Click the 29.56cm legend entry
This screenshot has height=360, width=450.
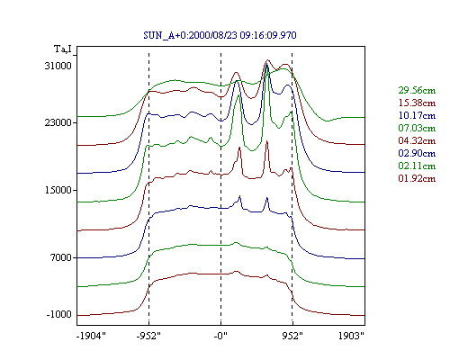pos(417,90)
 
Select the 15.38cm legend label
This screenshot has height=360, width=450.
pos(417,103)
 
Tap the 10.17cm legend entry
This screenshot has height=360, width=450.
pos(417,115)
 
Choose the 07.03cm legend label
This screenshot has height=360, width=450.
pos(417,128)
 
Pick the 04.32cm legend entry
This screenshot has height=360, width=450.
pos(417,140)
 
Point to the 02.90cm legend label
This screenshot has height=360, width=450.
pos(417,153)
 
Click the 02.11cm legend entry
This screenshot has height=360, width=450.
pos(417,166)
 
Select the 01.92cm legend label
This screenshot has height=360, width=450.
pos(417,178)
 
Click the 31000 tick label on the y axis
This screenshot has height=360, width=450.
pos(58,66)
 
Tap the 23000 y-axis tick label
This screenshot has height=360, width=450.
pos(58,122)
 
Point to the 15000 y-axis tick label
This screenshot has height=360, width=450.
pos(58,190)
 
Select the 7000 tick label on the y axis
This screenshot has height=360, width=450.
pos(61,257)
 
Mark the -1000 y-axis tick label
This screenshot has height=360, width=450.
pos(58,314)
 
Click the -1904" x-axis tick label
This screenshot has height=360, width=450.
pos(91,336)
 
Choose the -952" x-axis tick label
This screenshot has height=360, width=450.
pos(148,336)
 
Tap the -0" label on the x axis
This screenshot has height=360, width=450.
pos(220,336)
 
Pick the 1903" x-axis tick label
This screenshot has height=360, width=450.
pos(351,336)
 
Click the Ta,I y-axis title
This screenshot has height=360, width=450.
pos(63,49)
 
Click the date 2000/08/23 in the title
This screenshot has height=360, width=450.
pos(213,35)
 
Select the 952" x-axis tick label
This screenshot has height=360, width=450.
pos(292,336)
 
